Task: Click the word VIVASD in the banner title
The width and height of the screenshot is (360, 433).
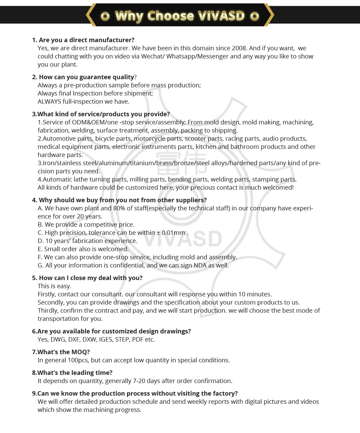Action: tap(221, 16)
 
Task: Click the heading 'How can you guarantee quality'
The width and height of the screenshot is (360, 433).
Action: tap(86, 77)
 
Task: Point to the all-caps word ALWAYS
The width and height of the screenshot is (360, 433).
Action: tap(49, 102)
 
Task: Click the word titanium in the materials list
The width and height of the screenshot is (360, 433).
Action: tap(142, 163)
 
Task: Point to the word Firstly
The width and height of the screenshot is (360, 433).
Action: tap(47, 294)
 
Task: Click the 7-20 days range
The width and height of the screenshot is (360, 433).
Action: tap(146, 381)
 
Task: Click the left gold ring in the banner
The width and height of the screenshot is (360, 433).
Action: tap(105, 16)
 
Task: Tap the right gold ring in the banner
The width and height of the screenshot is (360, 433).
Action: tap(255, 16)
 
